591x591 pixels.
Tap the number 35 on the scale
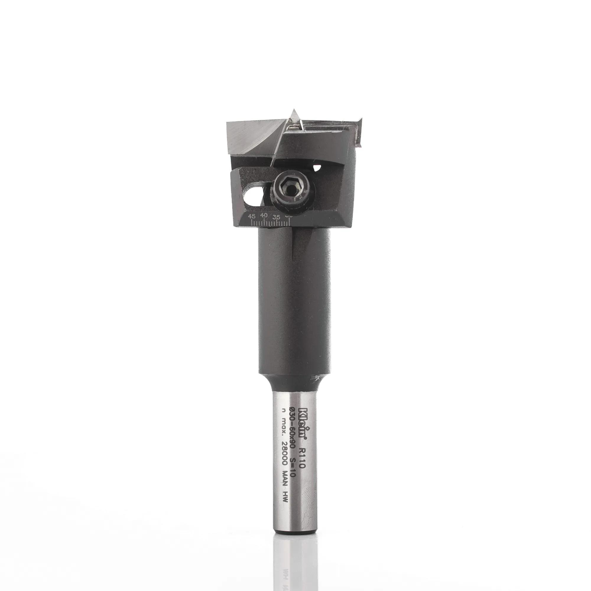pos(277,217)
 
